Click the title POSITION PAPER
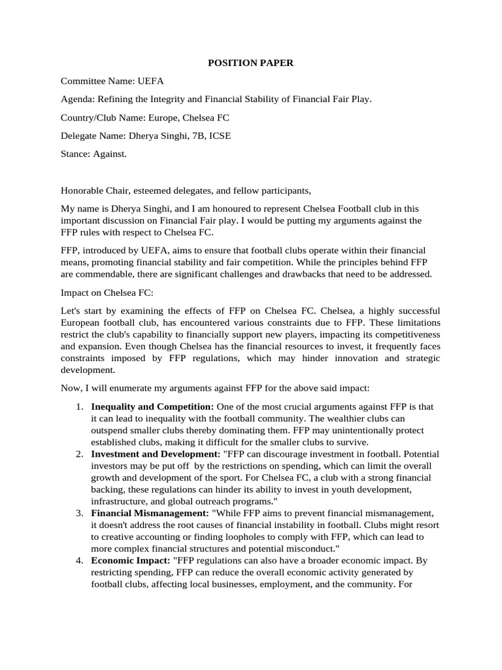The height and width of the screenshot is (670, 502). tap(250, 63)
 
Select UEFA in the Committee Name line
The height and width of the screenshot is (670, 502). tap(150, 81)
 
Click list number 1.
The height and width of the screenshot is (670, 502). tap(78, 406)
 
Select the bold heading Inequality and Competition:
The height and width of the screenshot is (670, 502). tap(152, 406)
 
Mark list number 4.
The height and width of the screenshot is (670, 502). tap(78, 561)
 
